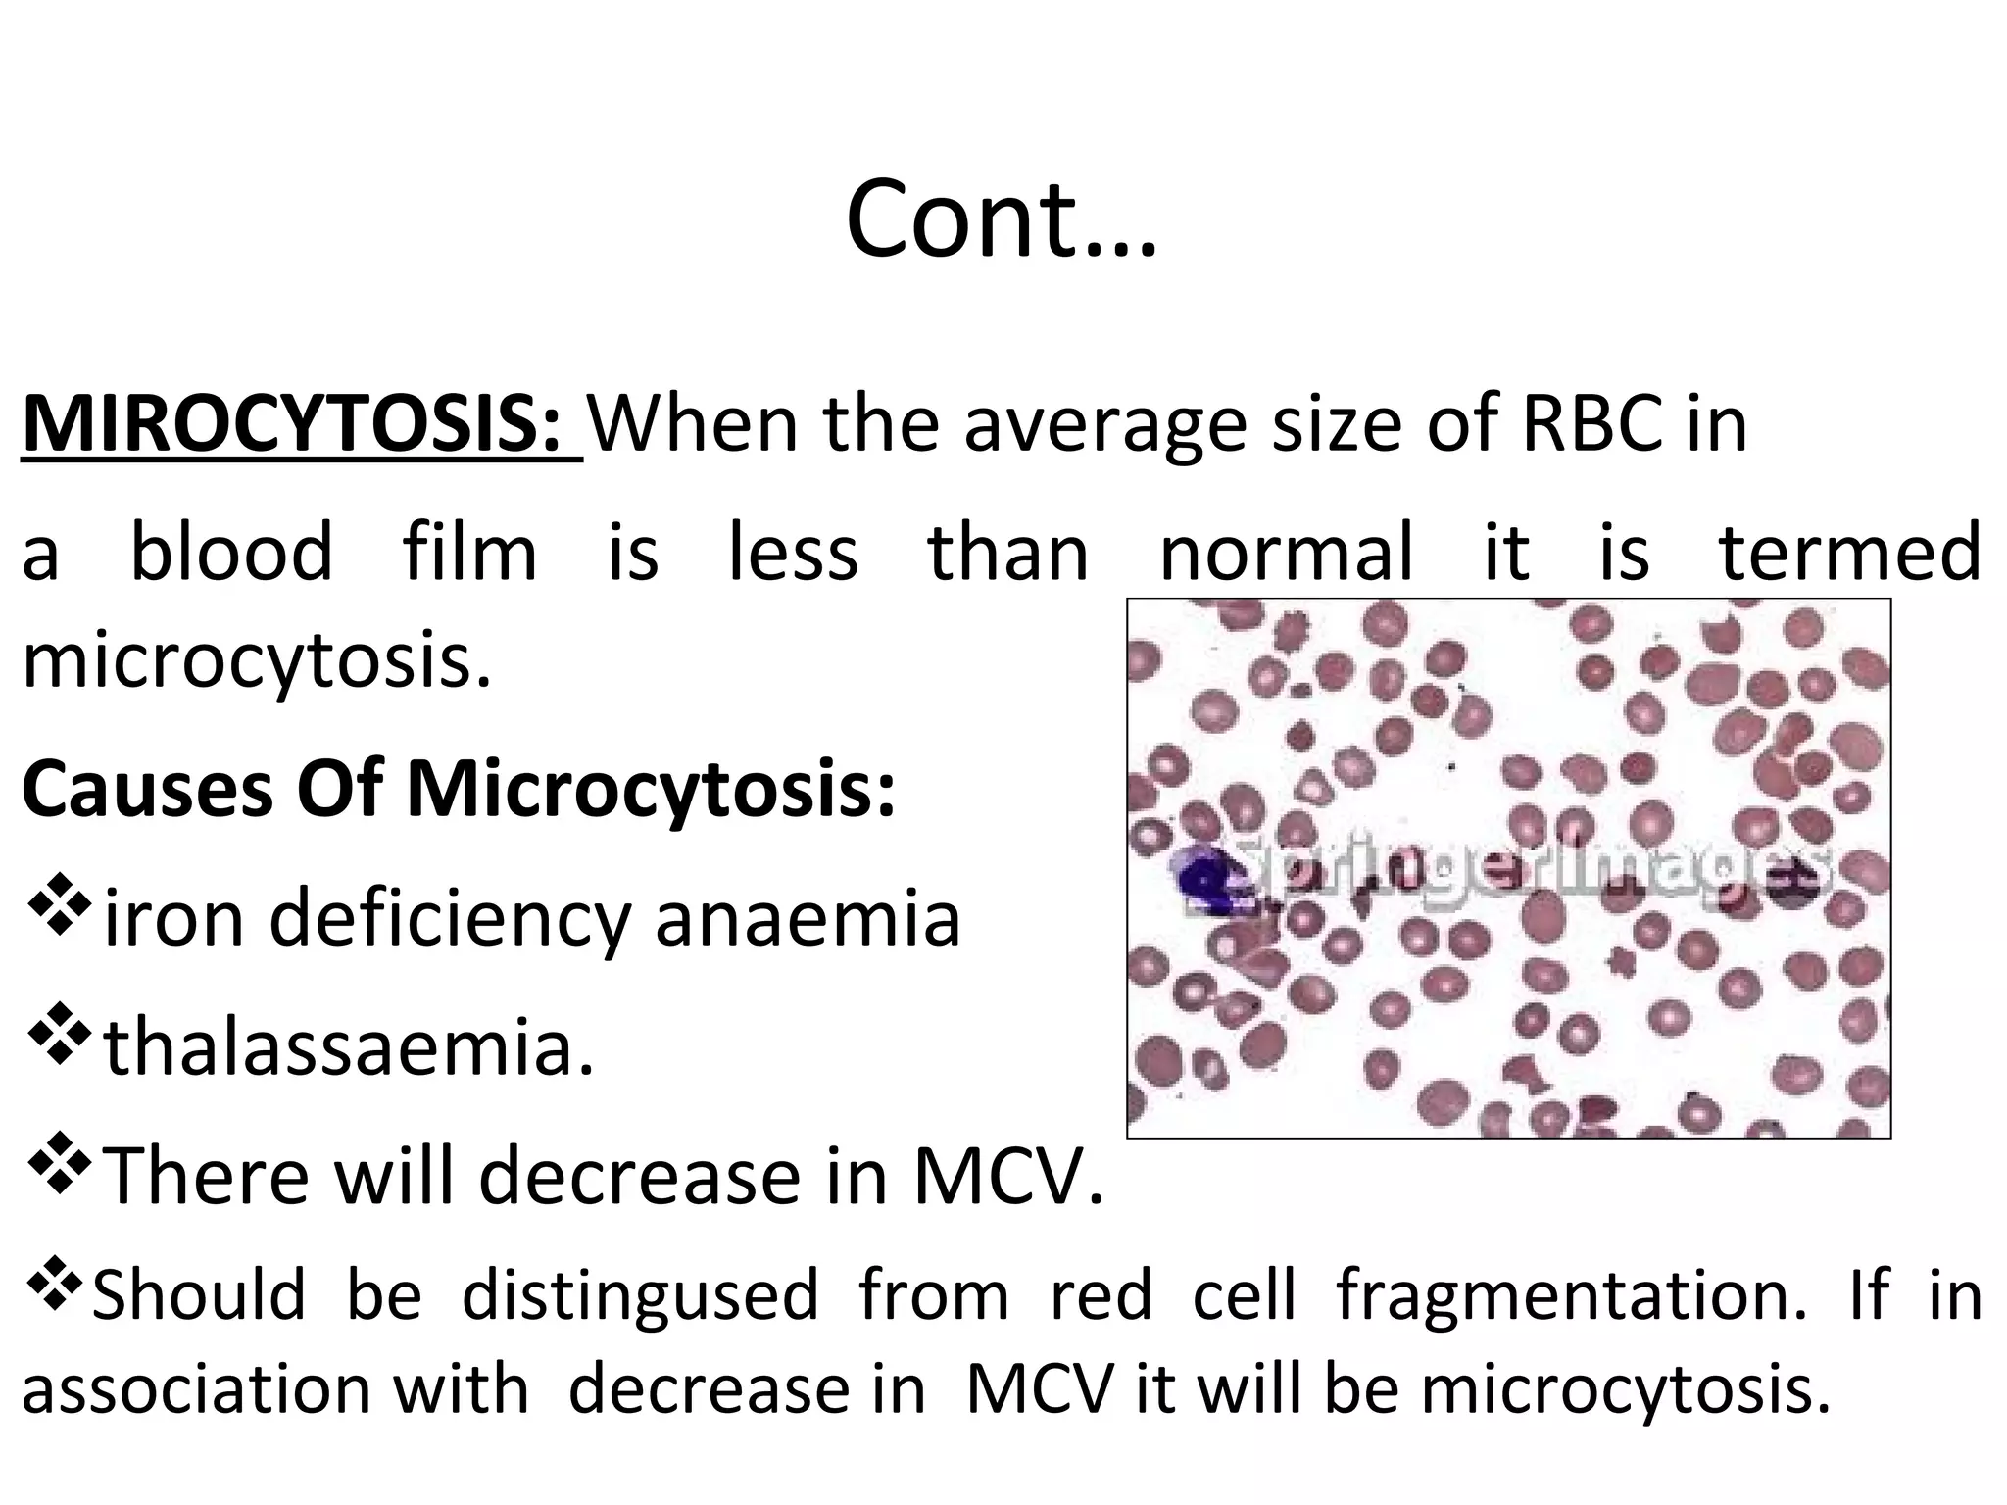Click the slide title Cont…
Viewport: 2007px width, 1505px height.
(1001, 219)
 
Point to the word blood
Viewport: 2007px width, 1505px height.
(231, 552)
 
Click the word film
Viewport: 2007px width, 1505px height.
(469, 552)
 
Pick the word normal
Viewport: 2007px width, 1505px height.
(1287, 552)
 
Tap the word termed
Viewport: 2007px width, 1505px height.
(1850, 552)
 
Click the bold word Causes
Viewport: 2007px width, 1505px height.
(147, 791)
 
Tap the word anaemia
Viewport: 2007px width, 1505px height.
(808, 918)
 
